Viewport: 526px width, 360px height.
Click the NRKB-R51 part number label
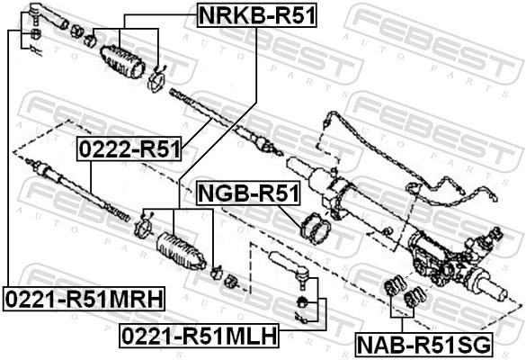(x=257, y=14)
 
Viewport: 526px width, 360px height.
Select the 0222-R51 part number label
(x=129, y=148)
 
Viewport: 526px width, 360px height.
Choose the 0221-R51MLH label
(x=199, y=337)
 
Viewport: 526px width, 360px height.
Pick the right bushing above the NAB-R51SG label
(x=415, y=296)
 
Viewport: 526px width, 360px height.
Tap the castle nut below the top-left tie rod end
(x=33, y=34)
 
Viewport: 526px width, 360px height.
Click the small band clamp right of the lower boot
(x=217, y=270)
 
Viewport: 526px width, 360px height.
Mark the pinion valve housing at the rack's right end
(x=450, y=261)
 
